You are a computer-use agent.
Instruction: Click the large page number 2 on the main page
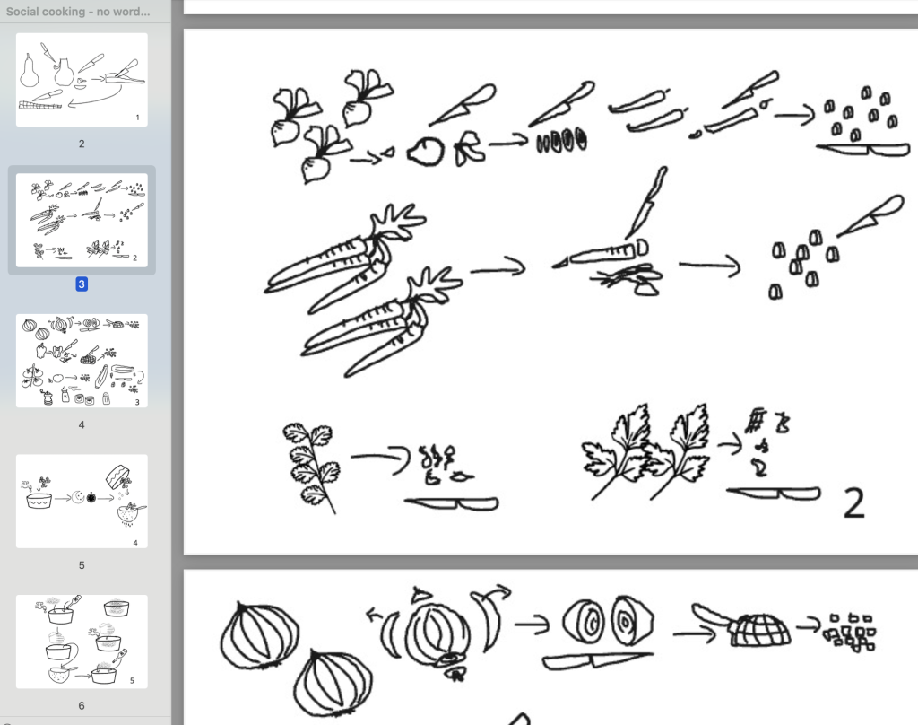click(854, 502)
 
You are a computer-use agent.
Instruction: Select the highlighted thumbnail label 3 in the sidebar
click(82, 284)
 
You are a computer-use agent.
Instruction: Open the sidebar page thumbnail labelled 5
click(82, 501)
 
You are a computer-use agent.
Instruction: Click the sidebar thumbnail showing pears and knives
click(82, 80)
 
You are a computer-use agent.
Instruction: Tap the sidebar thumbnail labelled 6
click(82, 642)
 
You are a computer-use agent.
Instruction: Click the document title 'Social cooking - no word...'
click(78, 11)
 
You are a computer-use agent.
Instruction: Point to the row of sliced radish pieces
click(561, 141)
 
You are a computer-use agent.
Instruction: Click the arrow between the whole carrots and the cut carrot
click(498, 269)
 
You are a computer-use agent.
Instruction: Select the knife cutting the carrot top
click(646, 204)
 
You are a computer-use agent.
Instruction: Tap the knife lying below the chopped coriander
click(452, 503)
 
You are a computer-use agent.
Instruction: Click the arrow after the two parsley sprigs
click(730, 445)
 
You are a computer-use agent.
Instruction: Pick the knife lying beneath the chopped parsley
click(774, 494)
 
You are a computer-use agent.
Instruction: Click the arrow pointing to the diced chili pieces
click(794, 114)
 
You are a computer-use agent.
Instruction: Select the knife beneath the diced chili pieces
click(863, 150)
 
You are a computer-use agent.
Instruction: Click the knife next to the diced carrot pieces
click(871, 216)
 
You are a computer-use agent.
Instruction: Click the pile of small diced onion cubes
click(850, 633)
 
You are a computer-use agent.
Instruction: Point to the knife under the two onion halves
click(598, 660)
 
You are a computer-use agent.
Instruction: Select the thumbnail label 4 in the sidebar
click(82, 424)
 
